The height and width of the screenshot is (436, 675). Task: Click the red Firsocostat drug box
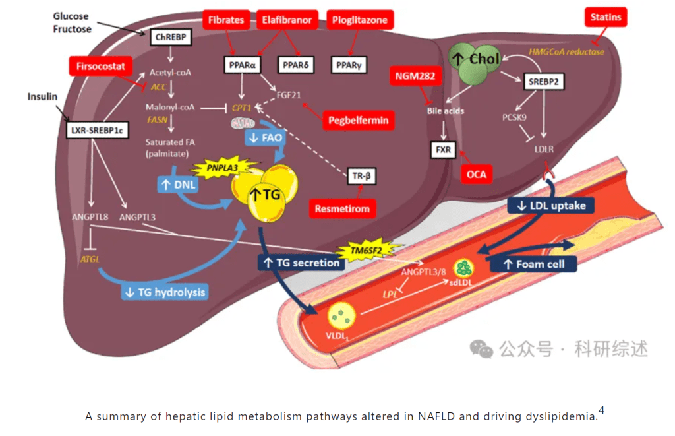tap(100, 66)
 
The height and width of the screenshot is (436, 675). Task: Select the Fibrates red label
tap(226, 20)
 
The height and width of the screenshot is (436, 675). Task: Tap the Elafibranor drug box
tap(287, 20)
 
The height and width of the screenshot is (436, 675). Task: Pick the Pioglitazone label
tap(359, 20)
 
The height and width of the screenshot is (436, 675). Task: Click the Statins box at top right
tap(605, 17)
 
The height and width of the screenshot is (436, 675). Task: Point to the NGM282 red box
tap(415, 77)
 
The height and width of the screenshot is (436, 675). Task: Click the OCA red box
tap(473, 173)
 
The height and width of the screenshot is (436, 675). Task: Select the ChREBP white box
tap(170, 38)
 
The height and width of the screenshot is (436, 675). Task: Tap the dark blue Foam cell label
tap(533, 264)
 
